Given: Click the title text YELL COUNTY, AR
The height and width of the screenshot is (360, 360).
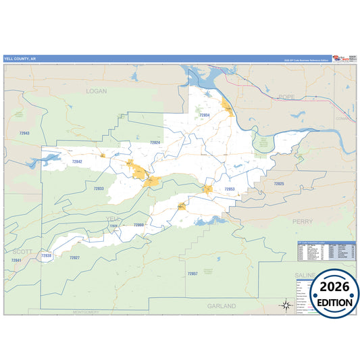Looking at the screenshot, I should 20,59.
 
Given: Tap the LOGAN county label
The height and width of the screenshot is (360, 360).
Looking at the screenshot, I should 97,90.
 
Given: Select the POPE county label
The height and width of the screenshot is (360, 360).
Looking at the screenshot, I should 286,97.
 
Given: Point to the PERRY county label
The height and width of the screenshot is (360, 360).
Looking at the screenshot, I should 301,221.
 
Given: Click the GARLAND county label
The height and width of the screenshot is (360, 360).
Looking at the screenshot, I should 222,306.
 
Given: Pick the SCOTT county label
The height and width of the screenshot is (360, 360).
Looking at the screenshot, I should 22,251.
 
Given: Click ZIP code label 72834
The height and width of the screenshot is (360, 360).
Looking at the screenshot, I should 204,115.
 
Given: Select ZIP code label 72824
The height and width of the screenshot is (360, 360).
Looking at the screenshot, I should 155,143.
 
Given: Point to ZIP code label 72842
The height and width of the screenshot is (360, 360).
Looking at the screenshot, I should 76,161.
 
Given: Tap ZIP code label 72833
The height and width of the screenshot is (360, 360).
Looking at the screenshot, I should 99,188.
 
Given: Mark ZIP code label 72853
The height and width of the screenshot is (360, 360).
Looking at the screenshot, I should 229,189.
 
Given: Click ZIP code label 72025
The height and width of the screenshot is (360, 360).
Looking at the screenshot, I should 279,184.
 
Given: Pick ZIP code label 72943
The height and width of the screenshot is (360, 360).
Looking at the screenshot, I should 24,133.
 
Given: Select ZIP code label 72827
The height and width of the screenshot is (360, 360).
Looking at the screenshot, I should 74,258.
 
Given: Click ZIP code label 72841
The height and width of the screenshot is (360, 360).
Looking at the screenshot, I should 17,261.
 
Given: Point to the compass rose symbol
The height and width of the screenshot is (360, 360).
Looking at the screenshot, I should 286,305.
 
